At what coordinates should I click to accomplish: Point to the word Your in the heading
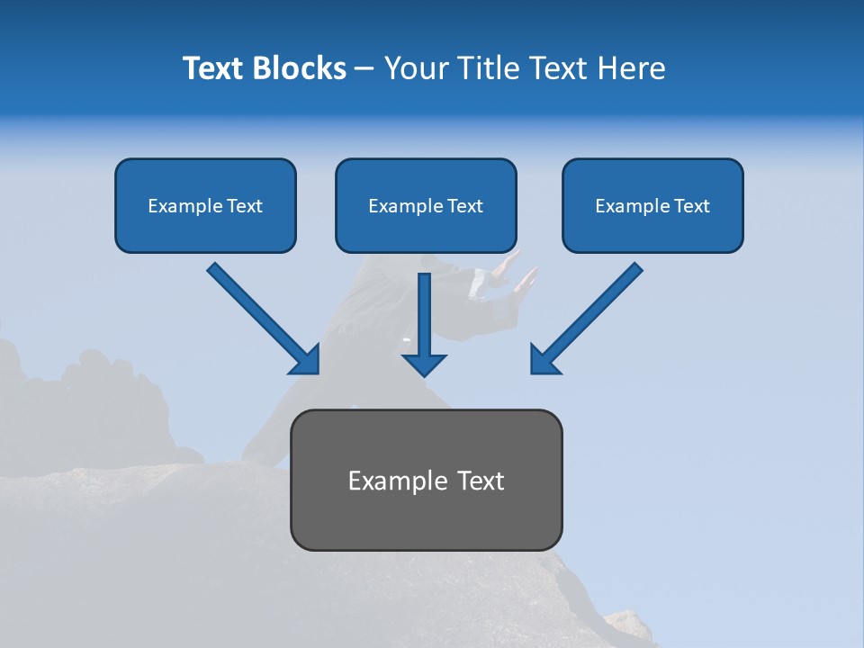click(418, 68)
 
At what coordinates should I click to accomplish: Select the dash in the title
click(364, 69)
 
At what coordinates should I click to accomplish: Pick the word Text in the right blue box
click(691, 206)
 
